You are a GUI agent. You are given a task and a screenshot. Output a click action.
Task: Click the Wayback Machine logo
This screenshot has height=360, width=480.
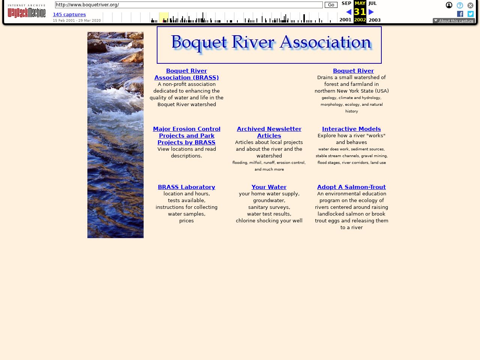[x=27, y=12]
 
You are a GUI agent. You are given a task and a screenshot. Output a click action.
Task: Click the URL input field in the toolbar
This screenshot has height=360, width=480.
[x=189, y=5]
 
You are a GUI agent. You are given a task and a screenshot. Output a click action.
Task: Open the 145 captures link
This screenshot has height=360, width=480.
[x=69, y=15]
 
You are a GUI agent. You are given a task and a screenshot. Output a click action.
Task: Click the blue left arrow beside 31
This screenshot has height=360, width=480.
[x=349, y=12]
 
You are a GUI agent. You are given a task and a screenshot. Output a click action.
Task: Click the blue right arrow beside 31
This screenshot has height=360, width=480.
[x=371, y=12]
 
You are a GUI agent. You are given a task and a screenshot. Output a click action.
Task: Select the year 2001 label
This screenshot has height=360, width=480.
[x=345, y=20]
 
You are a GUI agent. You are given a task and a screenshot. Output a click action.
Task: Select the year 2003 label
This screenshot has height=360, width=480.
[x=374, y=20]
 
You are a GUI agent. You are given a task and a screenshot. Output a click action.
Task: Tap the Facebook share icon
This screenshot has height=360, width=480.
[x=460, y=14]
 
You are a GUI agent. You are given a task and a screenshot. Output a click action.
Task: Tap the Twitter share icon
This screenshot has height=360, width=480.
[x=471, y=14]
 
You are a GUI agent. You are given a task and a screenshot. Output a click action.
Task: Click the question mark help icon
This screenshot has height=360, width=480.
[x=460, y=5]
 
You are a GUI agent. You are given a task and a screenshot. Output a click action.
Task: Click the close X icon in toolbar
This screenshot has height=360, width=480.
[x=470, y=5]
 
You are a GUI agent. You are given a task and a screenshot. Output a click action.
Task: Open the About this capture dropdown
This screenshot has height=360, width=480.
[x=454, y=21]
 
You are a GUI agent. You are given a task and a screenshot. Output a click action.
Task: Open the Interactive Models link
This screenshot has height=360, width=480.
[x=351, y=129]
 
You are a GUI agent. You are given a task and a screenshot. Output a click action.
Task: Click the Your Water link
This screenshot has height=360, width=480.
[x=269, y=187]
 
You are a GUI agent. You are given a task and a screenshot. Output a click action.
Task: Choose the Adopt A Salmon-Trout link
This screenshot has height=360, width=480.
[x=351, y=187]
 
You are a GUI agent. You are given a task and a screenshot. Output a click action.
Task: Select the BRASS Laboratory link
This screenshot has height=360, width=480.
[x=186, y=187]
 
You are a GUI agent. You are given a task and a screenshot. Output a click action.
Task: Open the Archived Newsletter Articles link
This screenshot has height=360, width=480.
[x=269, y=132]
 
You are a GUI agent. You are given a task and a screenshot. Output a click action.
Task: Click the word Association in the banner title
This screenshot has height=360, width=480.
[x=325, y=42]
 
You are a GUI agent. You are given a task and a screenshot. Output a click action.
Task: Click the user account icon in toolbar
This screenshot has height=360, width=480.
[x=449, y=5]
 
